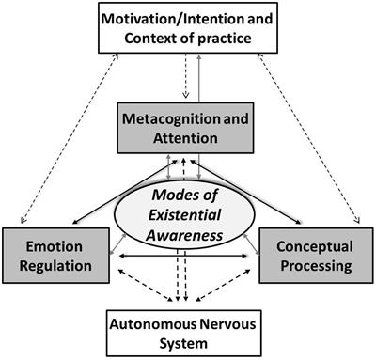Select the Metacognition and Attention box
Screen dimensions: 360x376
click(188, 128)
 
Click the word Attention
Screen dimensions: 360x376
click(188, 137)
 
